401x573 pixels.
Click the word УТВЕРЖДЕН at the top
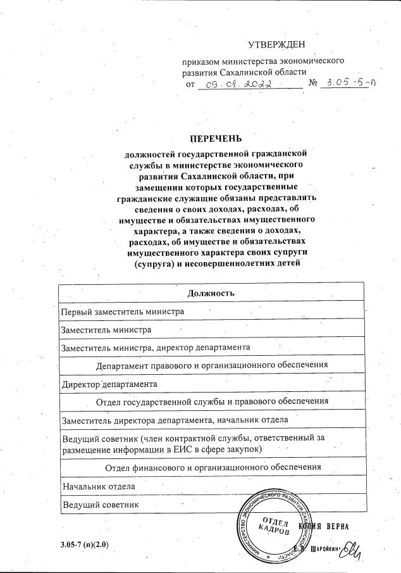(x=276, y=44)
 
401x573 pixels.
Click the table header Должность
(x=211, y=293)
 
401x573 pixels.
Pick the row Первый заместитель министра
(x=122, y=312)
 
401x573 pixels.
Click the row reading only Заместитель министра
(x=106, y=330)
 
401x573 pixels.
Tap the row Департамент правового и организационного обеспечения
(x=211, y=365)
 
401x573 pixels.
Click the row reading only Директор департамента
(x=109, y=384)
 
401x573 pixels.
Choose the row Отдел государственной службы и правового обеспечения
(x=211, y=401)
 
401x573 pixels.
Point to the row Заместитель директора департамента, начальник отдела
(x=175, y=419)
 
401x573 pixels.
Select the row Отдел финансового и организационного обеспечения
(x=211, y=467)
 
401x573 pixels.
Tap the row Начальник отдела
(x=97, y=486)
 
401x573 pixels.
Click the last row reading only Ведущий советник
(x=100, y=504)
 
